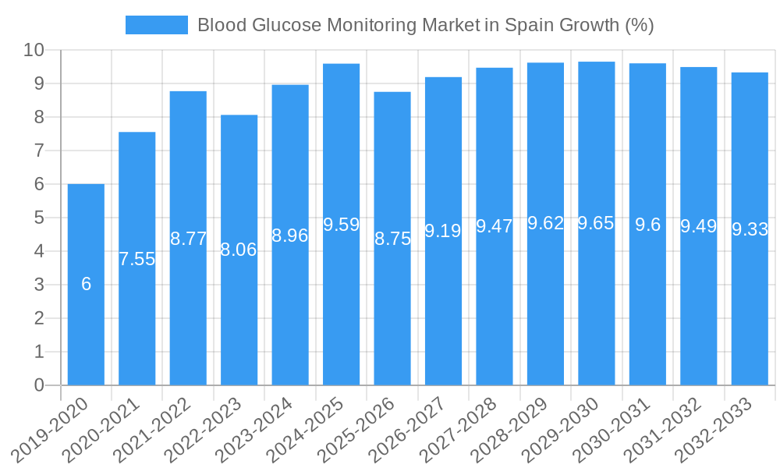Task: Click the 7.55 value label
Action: click(x=137, y=259)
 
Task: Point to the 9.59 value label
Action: click(x=341, y=225)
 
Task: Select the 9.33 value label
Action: click(x=750, y=229)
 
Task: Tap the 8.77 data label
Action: click(x=188, y=239)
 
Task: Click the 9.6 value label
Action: click(x=647, y=225)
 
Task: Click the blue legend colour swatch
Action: click(x=157, y=25)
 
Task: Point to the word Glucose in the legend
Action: click(x=286, y=25)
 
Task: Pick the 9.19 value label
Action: click(x=443, y=230)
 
